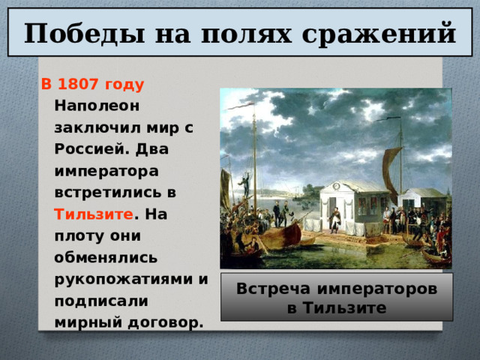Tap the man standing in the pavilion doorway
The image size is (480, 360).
point(335,217)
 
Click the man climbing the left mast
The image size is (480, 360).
point(243,183)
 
